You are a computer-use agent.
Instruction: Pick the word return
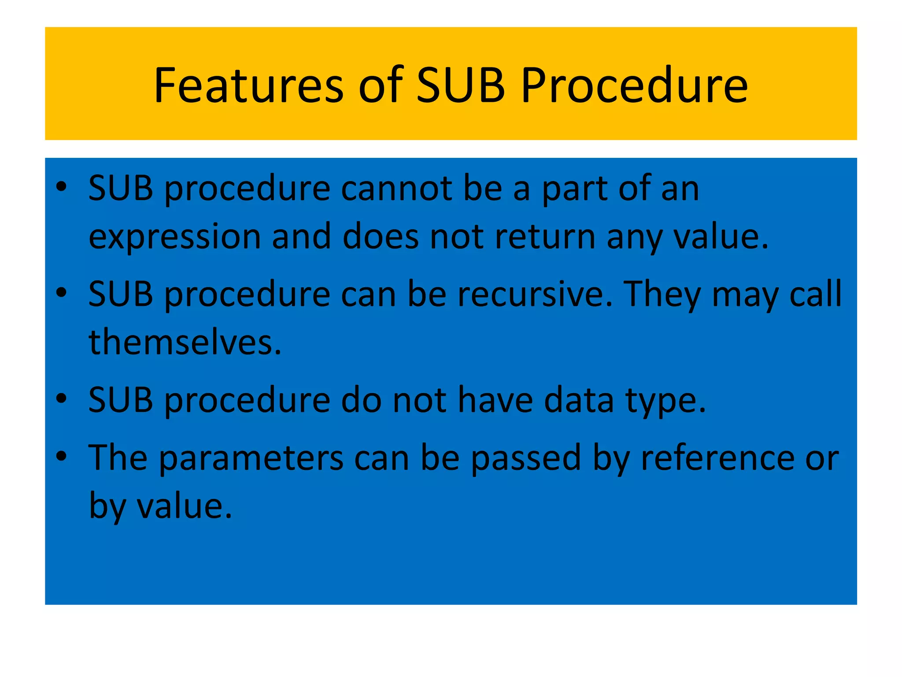[x=545, y=237]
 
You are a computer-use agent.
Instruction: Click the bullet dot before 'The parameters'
[x=61, y=456]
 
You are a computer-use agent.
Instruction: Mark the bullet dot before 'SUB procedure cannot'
[x=61, y=187]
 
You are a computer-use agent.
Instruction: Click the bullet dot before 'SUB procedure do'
[x=61, y=398]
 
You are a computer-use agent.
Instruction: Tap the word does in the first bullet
[x=381, y=237]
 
